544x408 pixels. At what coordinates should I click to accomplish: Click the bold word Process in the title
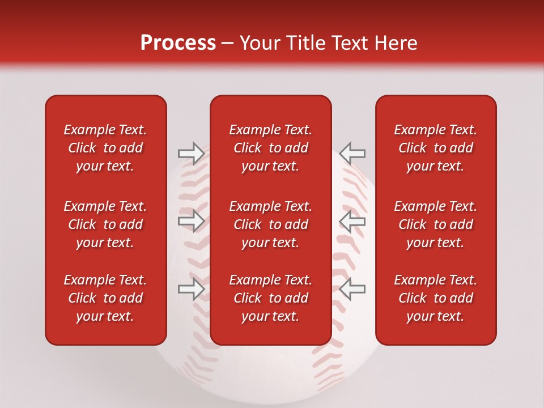click(178, 43)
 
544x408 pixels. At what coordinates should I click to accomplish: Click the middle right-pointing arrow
click(191, 221)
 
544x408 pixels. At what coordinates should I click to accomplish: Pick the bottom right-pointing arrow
click(191, 289)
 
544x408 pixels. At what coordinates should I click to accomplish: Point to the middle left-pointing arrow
click(352, 221)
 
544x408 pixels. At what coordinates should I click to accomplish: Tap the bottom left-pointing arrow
click(352, 289)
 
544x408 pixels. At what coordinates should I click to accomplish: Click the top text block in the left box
click(105, 148)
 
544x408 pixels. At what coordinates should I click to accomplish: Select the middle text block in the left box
click(105, 224)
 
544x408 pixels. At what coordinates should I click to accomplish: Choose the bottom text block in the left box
click(105, 298)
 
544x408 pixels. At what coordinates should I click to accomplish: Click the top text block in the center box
click(270, 148)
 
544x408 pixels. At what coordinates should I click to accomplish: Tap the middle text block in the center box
click(270, 224)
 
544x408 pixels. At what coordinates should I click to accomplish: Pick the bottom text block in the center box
click(270, 298)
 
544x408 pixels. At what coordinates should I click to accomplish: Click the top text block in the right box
click(435, 148)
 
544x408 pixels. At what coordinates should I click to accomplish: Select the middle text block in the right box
click(435, 224)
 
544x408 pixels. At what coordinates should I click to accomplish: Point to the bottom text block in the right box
click(435, 298)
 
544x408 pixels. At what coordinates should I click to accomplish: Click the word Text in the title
click(350, 43)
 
